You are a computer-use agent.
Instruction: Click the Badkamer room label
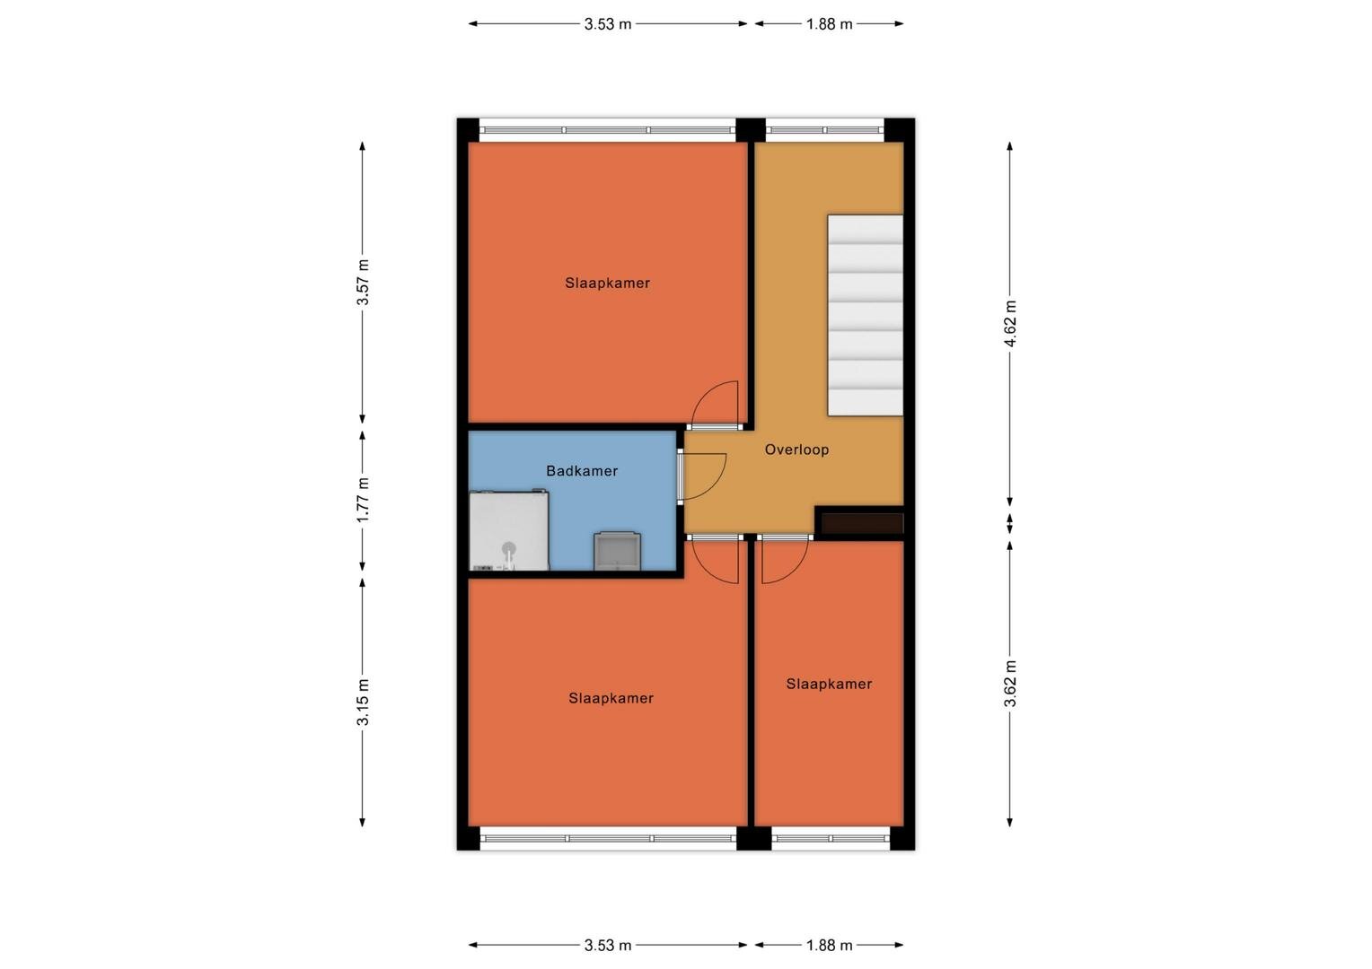(x=581, y=471)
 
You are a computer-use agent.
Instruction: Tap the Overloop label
(x=796, y=450)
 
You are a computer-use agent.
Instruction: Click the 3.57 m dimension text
(x=363, y=283)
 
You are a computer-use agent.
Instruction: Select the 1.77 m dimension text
(x=363, y=500)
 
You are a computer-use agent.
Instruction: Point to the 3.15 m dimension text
(x=363, y=703)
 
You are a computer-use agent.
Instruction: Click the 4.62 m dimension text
(x=1010, y=324)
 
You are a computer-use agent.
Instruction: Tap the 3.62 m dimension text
(x=1010, y=684)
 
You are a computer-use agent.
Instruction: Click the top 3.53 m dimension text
(x=608, y=24)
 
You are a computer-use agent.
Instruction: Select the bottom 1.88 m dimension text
(x=830, y=945)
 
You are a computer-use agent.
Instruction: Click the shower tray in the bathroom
(x=509, y=530)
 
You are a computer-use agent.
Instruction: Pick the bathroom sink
(x=618, y=551)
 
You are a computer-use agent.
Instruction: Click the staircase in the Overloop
(x=865, y=315)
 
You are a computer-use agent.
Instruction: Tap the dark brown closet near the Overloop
(x=862, y=523)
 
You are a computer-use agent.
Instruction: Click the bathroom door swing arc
(x=717, y=484)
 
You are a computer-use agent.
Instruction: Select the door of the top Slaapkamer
(x=715, y=405)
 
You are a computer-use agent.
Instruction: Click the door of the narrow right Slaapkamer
(x=785, y=560)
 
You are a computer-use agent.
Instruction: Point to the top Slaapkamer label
(x=607, y=283)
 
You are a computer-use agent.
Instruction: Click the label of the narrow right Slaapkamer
(x=829, y=684)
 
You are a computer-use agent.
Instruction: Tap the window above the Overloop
(x=825, y=130)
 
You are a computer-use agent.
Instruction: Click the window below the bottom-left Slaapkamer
(x=608, y=838)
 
